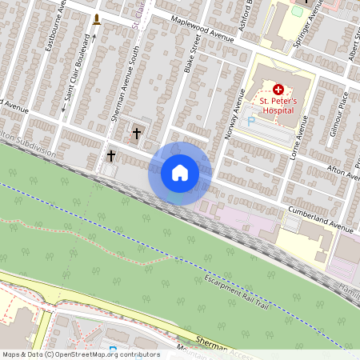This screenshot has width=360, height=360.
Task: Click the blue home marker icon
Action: tap(180, 172)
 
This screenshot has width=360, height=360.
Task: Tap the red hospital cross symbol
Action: tap(278, 90)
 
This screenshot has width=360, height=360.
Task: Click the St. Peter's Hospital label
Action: tap(278, 106)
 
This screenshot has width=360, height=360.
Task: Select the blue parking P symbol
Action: tap(250, 121)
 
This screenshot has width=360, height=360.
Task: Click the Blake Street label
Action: tap(190, 59)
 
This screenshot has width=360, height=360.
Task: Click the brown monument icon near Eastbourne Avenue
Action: tap(97, 19)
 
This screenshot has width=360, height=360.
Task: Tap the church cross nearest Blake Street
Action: tap(136, 133)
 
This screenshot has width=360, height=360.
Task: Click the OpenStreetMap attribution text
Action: tap(81, 354)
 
